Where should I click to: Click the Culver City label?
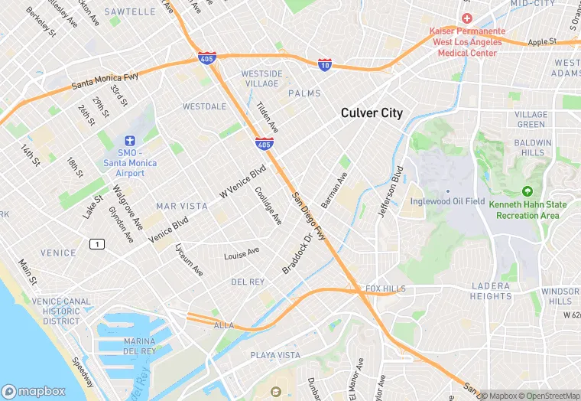tap(371, 113)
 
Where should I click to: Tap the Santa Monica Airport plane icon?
tap(130, 141)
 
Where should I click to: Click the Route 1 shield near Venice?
tap(96, 243)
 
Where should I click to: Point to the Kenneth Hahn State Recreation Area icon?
tap(527, 191)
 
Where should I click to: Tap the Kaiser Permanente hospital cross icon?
tap(466, 18)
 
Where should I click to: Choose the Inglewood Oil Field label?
tap(447, 201)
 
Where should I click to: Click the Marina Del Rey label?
tap(140, 346)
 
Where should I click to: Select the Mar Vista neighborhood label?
tap(181, 207)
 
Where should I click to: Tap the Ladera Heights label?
tap(492, 291)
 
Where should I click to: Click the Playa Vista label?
tap(275, 355)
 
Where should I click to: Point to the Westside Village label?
tap(261, 78)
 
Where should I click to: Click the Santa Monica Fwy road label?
tap(104, 79)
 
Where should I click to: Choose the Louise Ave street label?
tap(242, 253)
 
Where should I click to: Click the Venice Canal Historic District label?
tap(61, 311)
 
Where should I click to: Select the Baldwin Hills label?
tap(532, 148)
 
